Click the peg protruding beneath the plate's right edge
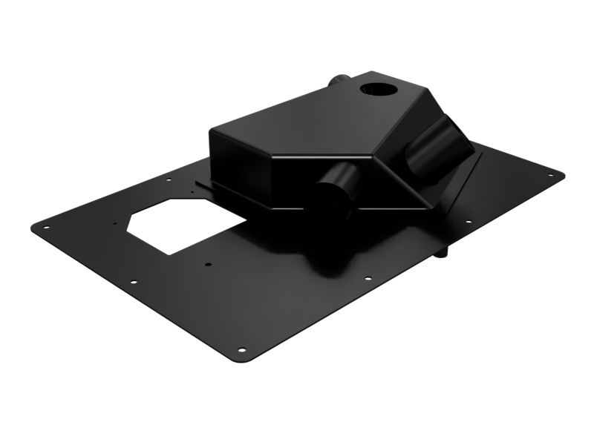[x=444, y=253]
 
